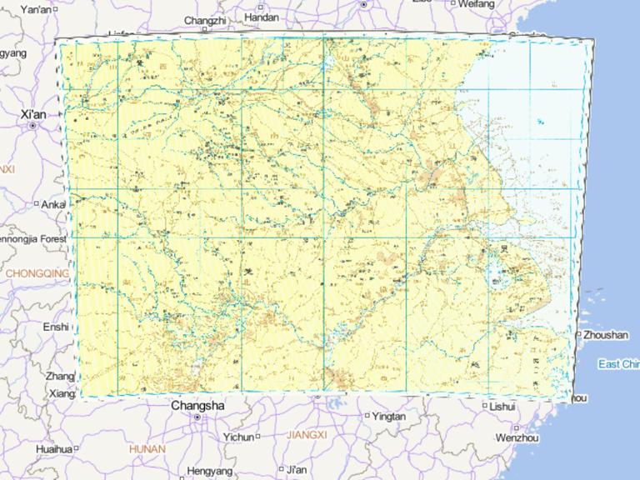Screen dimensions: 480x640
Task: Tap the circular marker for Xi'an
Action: pos(32,126)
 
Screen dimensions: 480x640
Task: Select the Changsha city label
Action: pos(197,405)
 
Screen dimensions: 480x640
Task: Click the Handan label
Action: pos(262,17)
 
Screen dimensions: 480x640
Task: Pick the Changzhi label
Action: pos(204,20)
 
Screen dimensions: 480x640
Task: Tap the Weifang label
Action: pos(476,4)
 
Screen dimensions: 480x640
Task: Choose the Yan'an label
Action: pos(35,10)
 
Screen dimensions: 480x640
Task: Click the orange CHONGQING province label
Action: pos(37,273)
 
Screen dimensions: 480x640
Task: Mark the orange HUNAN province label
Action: pos(147,448)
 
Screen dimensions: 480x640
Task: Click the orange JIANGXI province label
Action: pos(307,434)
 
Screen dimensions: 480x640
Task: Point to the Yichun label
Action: pos(238,437)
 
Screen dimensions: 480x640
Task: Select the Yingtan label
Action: pos(389,416)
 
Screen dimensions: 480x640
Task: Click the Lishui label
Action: pos(503,406)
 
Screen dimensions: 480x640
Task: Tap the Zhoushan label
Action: pos(606,334)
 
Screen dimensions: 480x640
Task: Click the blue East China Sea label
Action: pos(618,364)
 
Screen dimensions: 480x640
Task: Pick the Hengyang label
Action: pos(210,471)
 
